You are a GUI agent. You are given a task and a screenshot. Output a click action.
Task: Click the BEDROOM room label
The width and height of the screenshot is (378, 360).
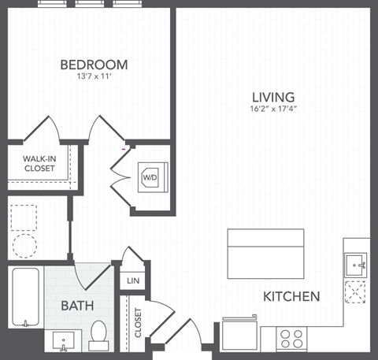94,65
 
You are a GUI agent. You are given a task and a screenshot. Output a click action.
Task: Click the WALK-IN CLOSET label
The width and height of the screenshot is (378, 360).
39,163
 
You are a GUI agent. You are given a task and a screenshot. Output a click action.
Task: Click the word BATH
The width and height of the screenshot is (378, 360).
78,305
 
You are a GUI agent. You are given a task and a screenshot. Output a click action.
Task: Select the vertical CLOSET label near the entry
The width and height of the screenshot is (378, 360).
138,323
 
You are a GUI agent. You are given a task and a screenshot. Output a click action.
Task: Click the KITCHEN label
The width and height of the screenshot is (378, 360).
291,297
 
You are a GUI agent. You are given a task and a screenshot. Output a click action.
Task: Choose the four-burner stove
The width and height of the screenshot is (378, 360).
292,340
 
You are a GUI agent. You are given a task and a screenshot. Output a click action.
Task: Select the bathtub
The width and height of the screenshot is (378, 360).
26,298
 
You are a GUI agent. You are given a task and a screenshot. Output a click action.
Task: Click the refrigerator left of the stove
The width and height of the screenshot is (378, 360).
240,334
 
